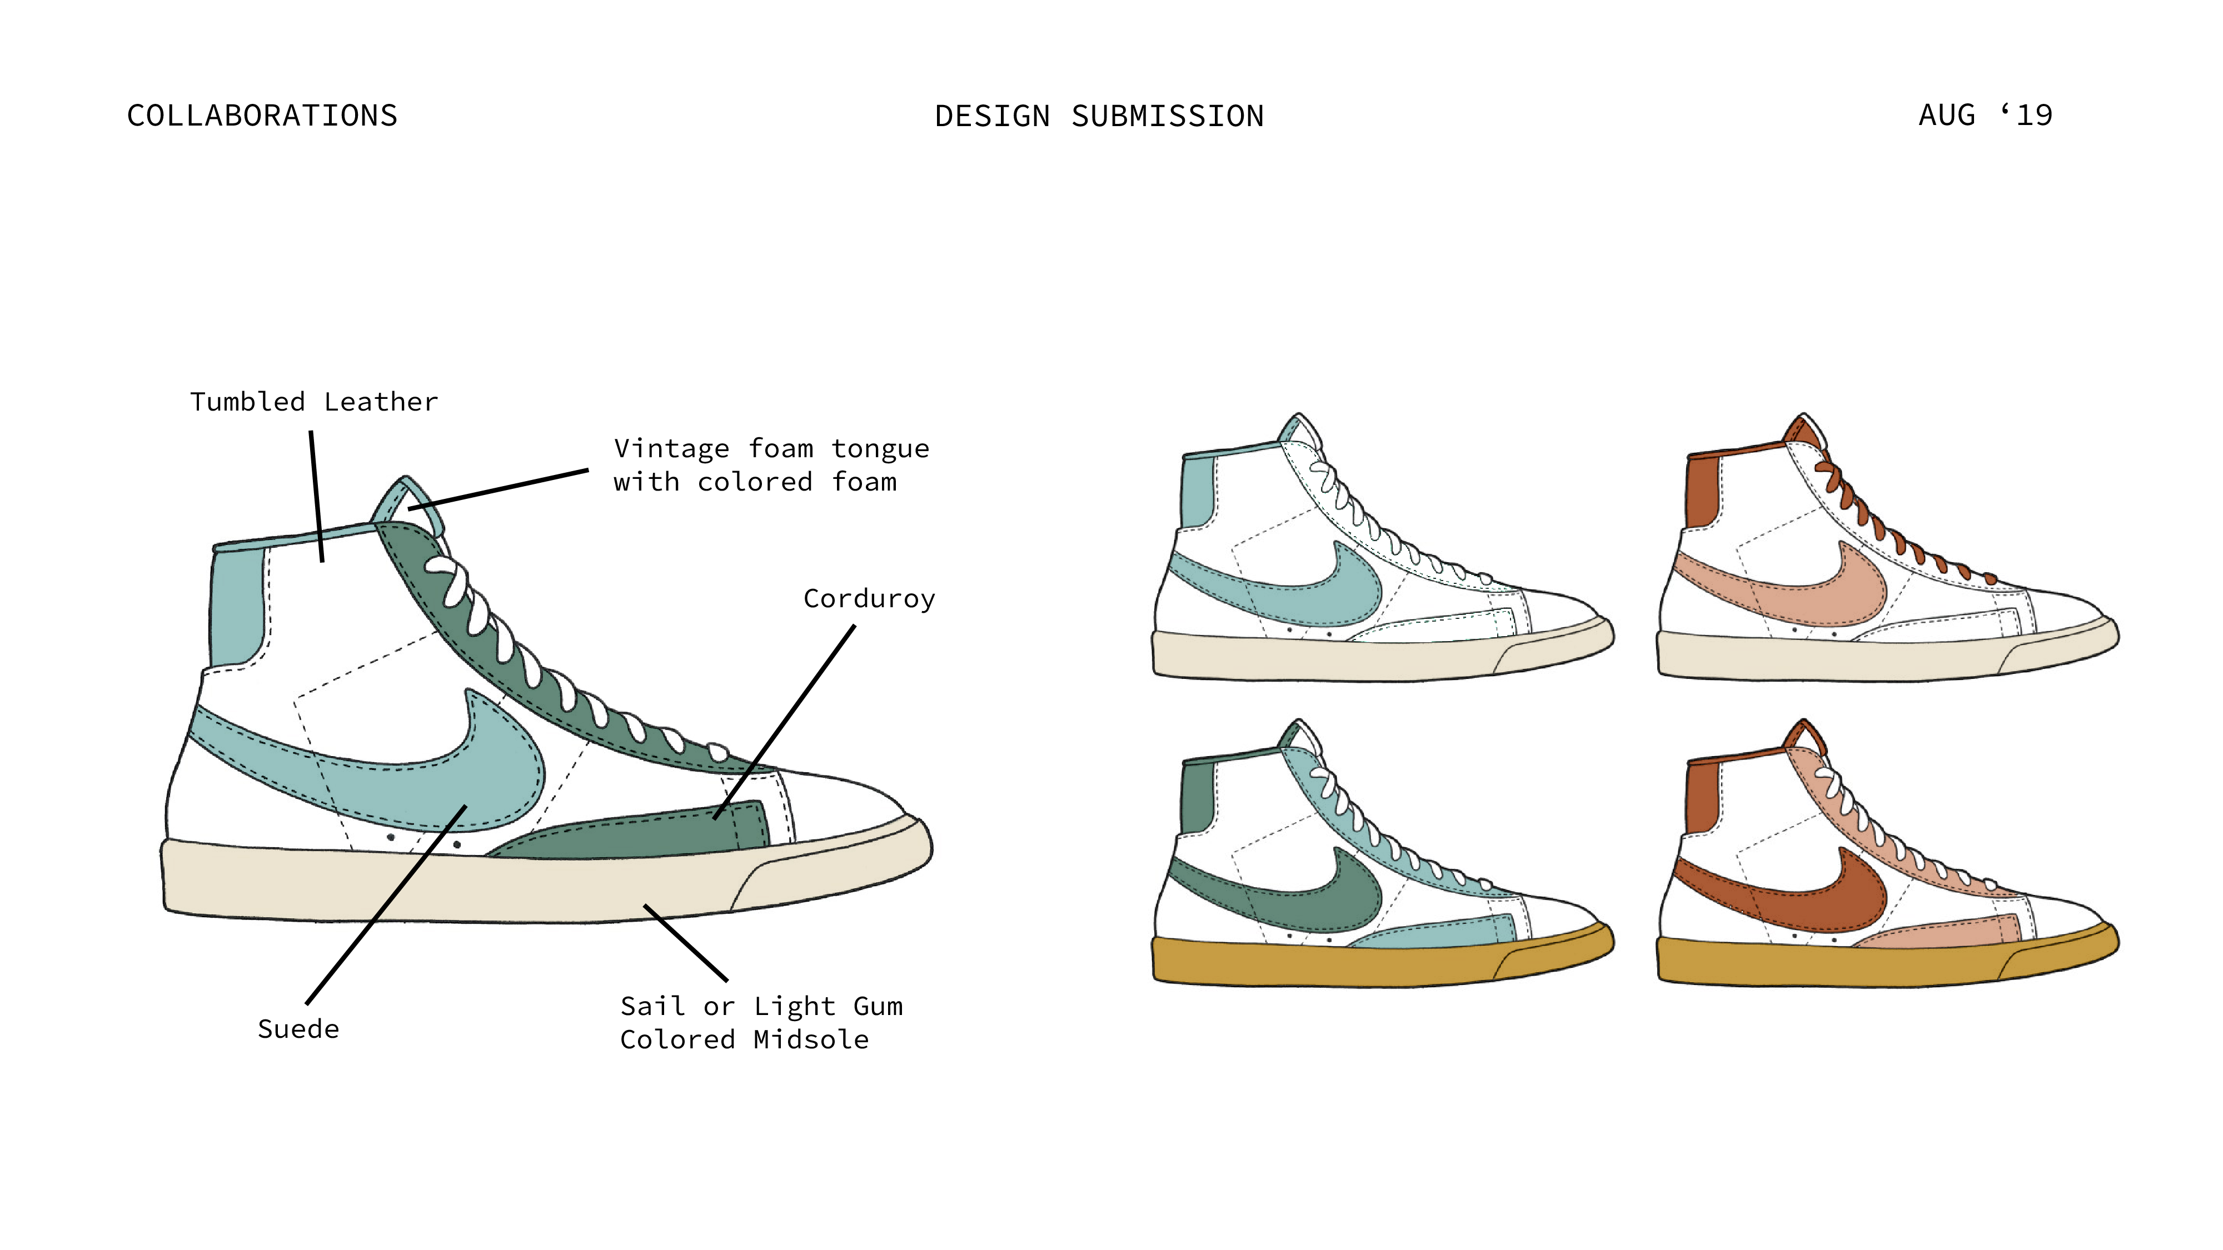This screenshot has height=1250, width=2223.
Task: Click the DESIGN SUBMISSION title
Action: click(1099, 117)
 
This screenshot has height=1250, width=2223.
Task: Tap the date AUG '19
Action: click(1984, 115)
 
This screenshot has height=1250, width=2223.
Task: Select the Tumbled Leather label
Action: click(313, 402)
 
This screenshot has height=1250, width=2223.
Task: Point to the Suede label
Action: click(298, 1029)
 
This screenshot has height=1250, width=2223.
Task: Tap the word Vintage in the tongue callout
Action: click(671, 448)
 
